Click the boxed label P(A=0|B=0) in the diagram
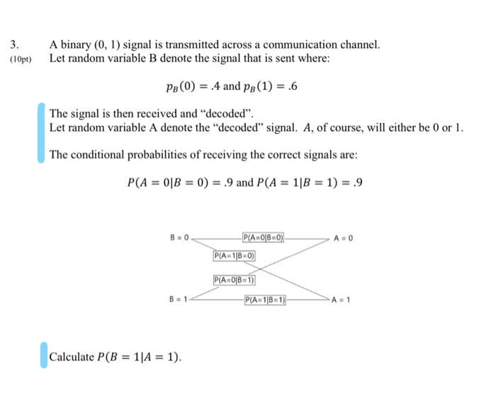(x=264, y=238)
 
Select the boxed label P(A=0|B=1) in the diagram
(x=235, y=281)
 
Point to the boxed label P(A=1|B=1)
(x=264, y=299)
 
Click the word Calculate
(x=71, y=356)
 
